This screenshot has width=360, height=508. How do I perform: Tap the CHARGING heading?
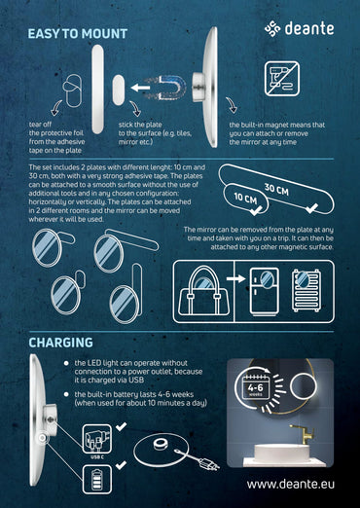click(61, 343)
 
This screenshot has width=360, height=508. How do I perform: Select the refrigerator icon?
click(264, 289)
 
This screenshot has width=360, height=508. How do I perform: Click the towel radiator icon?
click(309, 289)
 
